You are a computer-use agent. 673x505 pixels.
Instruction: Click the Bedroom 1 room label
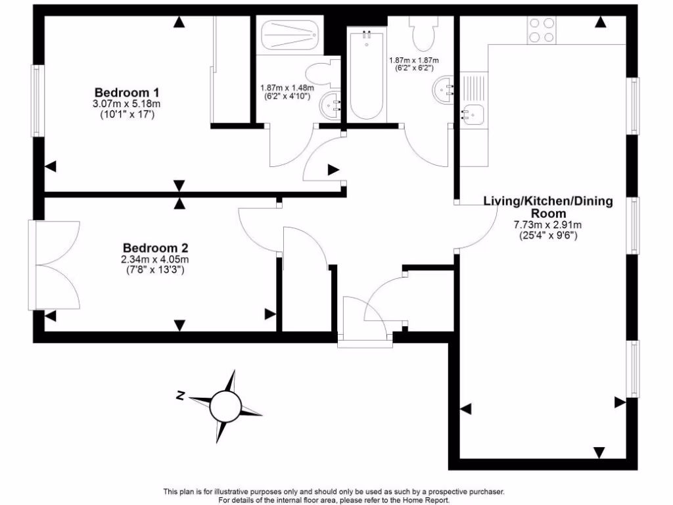pos(128,92)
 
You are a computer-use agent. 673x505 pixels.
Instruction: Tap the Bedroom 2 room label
pos(156,248)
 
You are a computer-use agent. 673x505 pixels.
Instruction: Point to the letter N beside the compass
pos(179,395)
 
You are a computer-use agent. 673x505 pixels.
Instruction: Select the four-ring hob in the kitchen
pos(540,30)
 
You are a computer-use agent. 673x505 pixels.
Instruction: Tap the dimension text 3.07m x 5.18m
pos(127,104)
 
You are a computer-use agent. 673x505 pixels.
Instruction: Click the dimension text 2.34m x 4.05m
pos(156,260)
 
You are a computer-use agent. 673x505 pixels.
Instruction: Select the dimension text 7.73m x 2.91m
pos(547,225)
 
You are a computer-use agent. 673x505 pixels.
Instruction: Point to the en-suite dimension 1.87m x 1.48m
pos(287,87)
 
